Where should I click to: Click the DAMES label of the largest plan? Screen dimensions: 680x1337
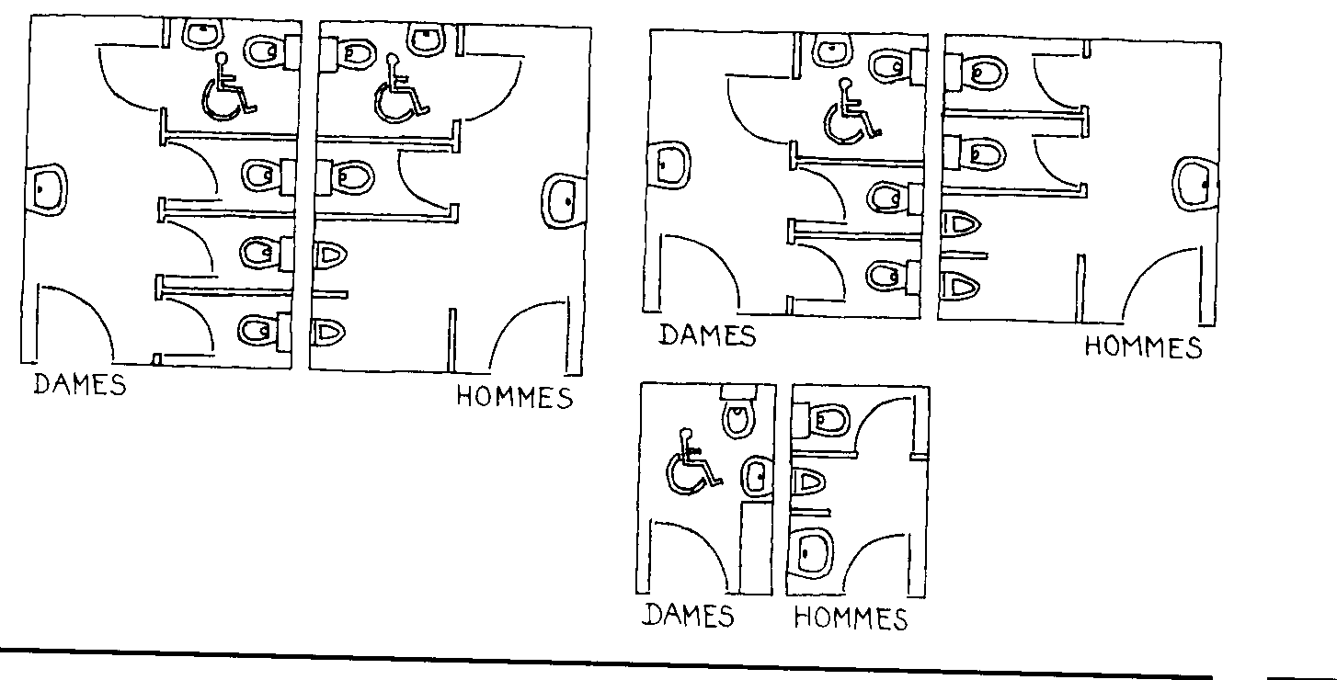coord(80,383)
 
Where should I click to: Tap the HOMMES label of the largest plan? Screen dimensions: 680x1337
coord(514,397)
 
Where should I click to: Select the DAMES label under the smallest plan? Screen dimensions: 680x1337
coord(690,615)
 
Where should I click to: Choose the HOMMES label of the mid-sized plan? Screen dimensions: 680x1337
coord(1143,347)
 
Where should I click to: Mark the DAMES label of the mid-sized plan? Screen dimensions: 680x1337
coord(707,334)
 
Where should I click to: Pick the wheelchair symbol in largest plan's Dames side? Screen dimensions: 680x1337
coord(226,89)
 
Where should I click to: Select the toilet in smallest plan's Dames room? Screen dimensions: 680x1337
coord(737,414)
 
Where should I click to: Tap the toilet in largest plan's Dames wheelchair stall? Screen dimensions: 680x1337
coord(269,49)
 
